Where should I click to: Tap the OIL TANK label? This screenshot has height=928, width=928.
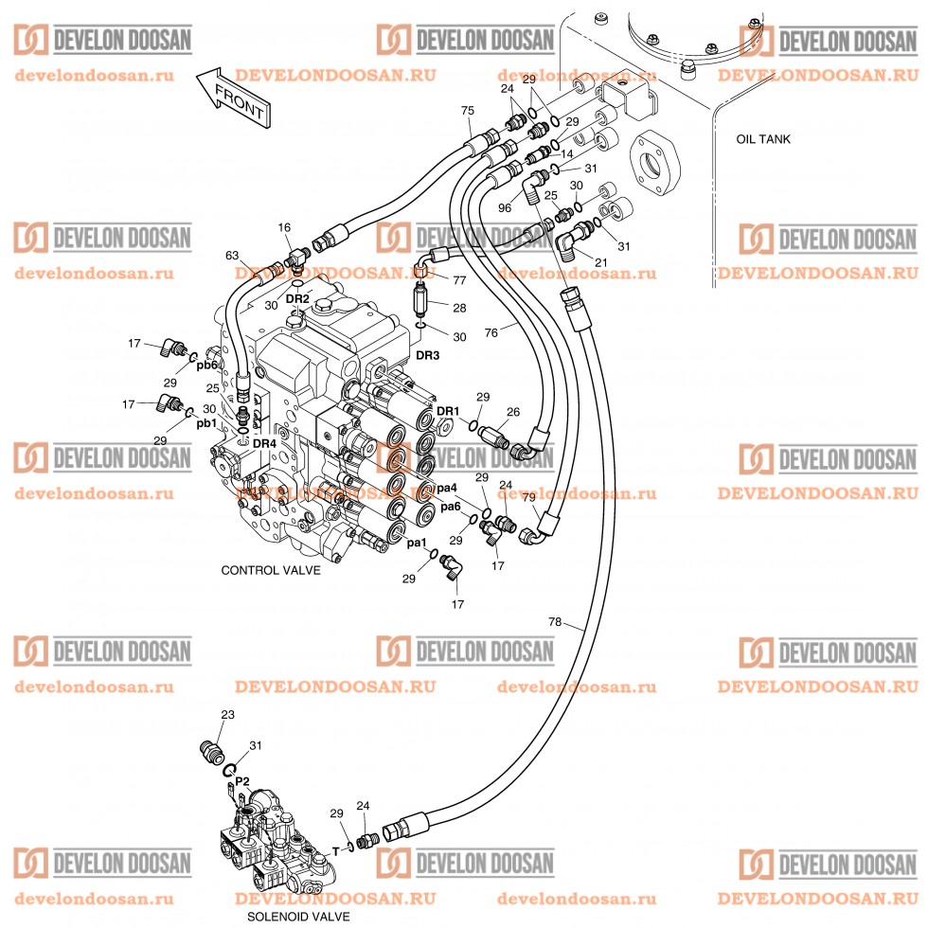[x=763, y=139]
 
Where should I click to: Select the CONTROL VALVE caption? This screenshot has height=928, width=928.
[x=271, y=570]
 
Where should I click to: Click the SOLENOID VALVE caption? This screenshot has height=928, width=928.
[x=298, y=917]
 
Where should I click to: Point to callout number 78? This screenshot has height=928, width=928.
[x=555, y=621]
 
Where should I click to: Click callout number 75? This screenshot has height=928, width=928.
[x=468, y=111]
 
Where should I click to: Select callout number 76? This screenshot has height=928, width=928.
[x=491, y=332]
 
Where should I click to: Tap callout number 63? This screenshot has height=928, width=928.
[x=232, y=256]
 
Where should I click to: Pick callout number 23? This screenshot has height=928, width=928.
[x=228, y=715]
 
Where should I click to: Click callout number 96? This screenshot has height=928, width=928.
[x=504, y=207]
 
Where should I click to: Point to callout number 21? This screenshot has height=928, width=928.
[x=600, y=262]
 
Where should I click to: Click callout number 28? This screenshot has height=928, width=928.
[x=459, y=308]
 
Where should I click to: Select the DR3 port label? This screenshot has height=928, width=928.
[x=427, y=356]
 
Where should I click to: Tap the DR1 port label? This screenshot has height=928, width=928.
[x=447, y=411]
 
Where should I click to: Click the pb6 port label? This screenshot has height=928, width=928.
[x=207, y=366]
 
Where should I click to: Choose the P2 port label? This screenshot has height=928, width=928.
[x=242, y=781]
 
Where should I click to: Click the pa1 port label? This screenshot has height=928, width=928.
[x=416, y=543]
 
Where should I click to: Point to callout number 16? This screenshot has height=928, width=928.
[x=284, y=227]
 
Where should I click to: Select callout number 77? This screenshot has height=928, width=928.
[x=459, y=280]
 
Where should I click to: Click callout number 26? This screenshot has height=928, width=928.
[x=513, y=412]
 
